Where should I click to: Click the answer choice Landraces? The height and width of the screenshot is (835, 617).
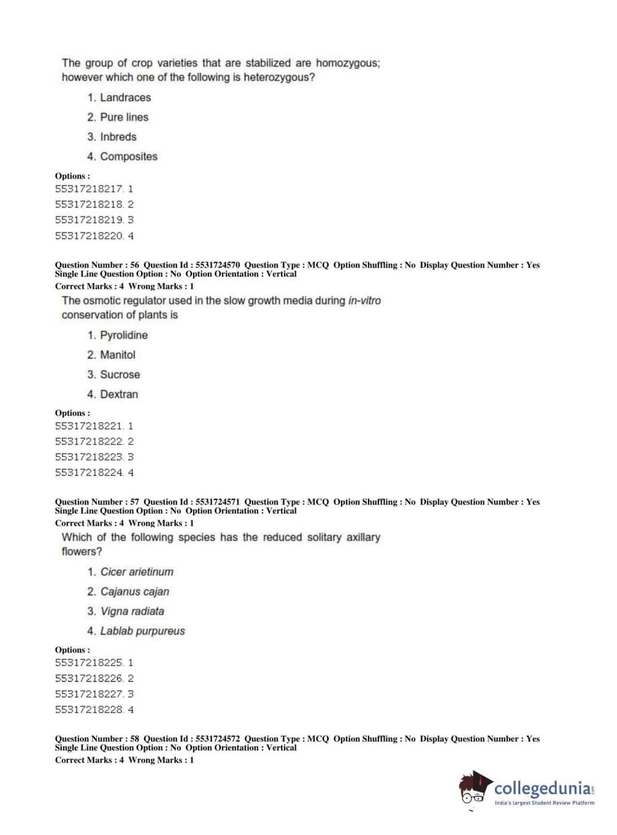point(125,97)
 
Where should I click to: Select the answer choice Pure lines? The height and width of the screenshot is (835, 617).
point(124,117)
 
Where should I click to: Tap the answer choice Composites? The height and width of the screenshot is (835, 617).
point(128,156)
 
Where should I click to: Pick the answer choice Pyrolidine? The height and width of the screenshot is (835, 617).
point(123,335)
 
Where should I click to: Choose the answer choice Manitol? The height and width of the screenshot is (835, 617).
point(117,355)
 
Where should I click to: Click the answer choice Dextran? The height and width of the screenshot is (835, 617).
point(119,394)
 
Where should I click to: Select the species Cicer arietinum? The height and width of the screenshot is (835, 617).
point(137,571)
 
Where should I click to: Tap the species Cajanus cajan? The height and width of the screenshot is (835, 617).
point(134,591)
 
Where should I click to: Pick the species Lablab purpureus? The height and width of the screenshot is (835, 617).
point(142,631)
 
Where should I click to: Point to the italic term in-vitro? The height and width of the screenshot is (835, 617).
point(364,301)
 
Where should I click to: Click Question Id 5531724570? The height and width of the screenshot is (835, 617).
point(218,265)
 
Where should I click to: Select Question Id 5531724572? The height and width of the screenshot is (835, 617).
point(218,738)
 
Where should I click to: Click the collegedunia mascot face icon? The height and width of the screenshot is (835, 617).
point(474,789)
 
